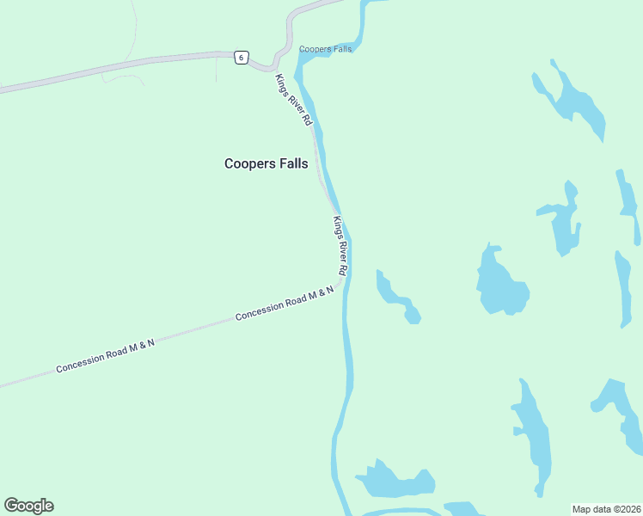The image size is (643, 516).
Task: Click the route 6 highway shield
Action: point(242,58)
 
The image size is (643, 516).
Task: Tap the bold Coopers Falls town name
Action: point(266,163)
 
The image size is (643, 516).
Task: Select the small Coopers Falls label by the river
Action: point(325,49)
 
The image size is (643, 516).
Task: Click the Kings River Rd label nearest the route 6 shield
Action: point(292,101)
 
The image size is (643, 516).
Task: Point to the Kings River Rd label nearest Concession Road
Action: point(340,246)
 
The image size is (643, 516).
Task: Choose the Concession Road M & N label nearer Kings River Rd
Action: point(285,304)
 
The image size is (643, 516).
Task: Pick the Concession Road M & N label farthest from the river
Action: point(105,356)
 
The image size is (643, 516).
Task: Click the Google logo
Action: point(28,506)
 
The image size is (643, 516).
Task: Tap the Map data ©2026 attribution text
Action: point(606,509)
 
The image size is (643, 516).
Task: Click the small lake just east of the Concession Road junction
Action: point(396,298)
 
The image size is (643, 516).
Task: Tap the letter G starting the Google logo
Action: point(11,506)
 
